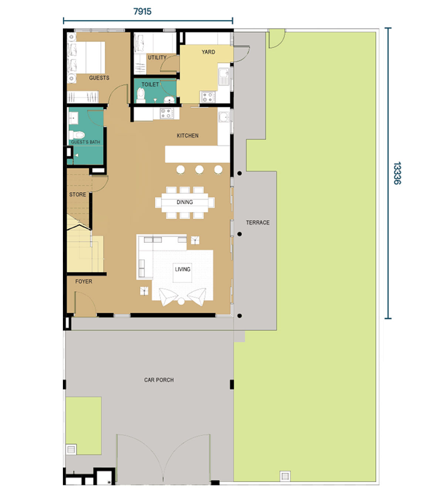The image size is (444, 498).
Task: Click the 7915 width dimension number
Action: pos(142,11)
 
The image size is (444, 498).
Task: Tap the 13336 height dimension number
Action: pos(397,173)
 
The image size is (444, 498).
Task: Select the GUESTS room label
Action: pos(99,78)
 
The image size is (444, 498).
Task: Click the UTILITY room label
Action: pos(157,58)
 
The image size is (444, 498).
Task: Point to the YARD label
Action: pos(208,52)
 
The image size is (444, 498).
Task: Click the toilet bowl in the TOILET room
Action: pos(141,95)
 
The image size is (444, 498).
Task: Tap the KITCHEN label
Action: pos(188,136)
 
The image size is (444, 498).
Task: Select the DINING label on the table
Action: pos(185,202)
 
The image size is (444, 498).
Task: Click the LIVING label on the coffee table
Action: pos(182,269)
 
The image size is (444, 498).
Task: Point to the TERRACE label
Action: pos(258,223)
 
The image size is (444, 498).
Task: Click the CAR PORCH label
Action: pos(159,380)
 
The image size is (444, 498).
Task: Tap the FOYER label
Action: pos(84,282)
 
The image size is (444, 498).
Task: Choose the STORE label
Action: pos(78,195)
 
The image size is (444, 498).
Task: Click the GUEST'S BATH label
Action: pos(85,142)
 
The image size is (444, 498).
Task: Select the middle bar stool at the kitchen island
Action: pos(199,169)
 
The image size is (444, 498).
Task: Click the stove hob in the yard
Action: pos(207,97)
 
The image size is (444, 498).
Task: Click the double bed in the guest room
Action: pos(86,58)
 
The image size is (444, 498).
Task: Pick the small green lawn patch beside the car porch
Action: pos(84,426)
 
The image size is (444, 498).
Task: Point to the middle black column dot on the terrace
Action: pos(239,234)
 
